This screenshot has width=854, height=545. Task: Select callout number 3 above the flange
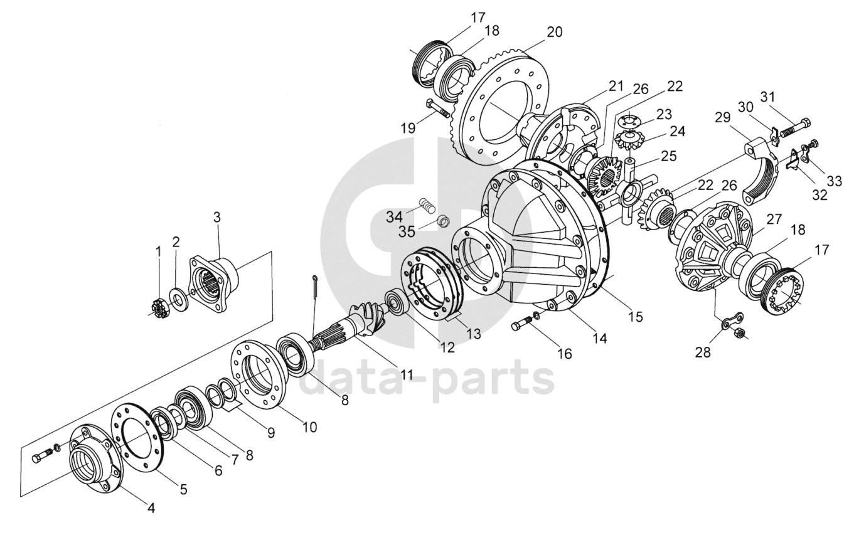[x=216, y=217]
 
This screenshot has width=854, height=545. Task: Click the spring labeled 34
[x=427, y=205]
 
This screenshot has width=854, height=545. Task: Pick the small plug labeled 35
[x=443, y=220]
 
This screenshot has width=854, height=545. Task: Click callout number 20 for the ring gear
[x=554, y=31]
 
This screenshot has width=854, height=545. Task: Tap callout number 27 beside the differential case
[x=773, y=219]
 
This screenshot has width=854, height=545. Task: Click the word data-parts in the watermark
[x=427, y=379]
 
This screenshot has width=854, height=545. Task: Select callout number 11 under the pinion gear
[x=407, y=374]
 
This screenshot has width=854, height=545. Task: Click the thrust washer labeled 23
[x=627, y=120]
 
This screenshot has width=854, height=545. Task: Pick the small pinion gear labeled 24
[x=629, y=139]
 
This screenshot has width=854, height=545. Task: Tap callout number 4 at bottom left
[x=151, y=507]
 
